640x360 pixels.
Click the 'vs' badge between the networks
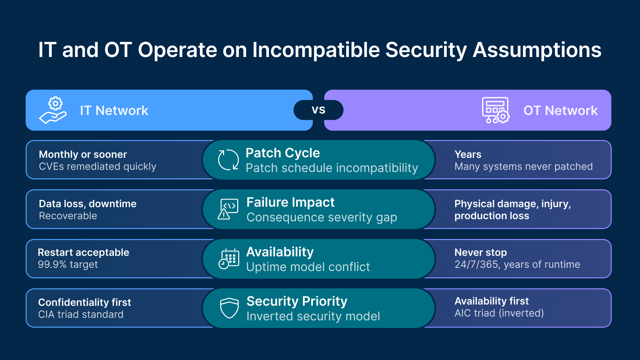[318, 110]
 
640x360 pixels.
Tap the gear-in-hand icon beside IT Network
[53, 110]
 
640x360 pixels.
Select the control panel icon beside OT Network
[495, 110]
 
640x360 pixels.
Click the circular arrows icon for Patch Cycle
[228, 160]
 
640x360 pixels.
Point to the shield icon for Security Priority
[229, 308]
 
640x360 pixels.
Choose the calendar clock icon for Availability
[229, 259]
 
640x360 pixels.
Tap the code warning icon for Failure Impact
[228, 209]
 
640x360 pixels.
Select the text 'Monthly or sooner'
[83, 154]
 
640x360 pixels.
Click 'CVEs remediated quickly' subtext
[97, 166]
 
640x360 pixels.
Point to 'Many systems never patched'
[523, 166]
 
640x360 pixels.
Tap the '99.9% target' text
[68, 264]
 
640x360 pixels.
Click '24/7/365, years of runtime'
[517, 264]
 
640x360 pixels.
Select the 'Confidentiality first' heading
[85, 302]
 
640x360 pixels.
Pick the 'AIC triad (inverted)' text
[499, 313]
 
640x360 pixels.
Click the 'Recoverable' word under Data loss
[68, 216]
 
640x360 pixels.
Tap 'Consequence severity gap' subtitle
[321, 217]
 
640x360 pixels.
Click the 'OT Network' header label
[560, 111]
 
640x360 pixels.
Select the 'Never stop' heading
[480, 252]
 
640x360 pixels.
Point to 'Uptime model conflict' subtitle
[308, 267]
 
